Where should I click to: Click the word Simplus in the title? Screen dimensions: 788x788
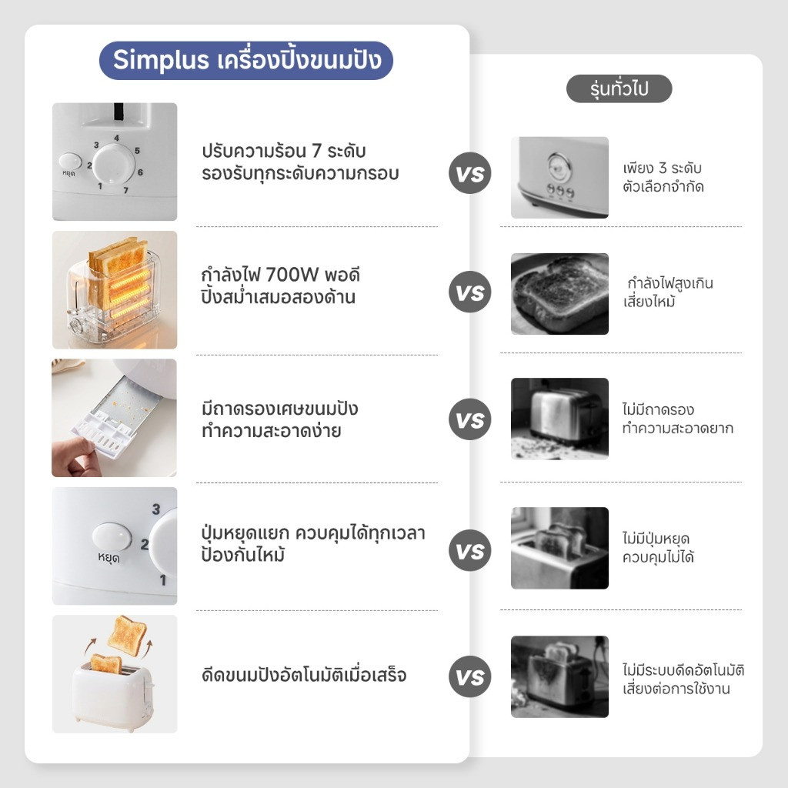click(160, 60)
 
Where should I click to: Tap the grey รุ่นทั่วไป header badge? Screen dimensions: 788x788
click(619, 89)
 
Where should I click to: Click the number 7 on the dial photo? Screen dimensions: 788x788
click(125, 190)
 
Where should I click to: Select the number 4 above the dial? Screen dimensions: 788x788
click(117, 138)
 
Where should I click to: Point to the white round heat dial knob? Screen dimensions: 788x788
click(114, 164)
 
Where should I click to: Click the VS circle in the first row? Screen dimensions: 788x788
click(470, 173)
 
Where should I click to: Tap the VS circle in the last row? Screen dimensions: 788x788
click(470, 676)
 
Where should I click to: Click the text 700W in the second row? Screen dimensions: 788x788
click(292, 275)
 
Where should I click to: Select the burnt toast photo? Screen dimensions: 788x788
click(560, 294)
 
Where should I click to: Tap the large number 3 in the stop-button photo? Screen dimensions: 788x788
click(156, 509)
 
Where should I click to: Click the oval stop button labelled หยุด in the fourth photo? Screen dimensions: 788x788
click(112, 536)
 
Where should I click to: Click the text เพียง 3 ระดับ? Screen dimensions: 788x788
click(662, 168)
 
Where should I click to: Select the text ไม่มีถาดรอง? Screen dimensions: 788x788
click(658, 409)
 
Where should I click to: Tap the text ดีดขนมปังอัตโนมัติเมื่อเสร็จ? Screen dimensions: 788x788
click(304, 675)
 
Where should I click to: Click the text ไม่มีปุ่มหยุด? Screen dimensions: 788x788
click(656, 538)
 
